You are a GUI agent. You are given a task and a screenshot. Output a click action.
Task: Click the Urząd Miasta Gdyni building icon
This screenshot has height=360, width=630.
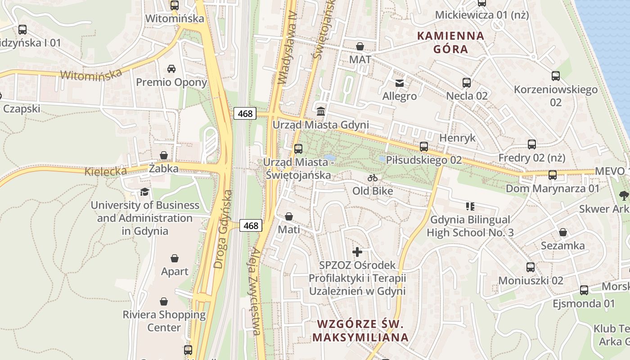pyautogui.click(x=321, y=111)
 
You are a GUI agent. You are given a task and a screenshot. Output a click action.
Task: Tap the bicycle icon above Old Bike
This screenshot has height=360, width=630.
pyautogui.click(x=373, y=178)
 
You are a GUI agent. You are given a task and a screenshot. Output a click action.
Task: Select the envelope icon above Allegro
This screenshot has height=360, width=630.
pyautogui.click(x=399, y=83)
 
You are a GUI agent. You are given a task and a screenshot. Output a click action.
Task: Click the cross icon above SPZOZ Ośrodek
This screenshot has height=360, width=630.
pyautogui.click(x=357, y=252)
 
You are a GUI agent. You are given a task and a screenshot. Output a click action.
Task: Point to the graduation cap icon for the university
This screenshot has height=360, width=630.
pyautogui.click(x=144, y=192)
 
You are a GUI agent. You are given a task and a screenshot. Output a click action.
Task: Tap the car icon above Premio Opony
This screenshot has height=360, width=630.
pyautogui.click(x=171, y=69)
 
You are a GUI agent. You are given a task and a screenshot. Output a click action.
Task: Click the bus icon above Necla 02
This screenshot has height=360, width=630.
pyautogui.click(x=467, y=83)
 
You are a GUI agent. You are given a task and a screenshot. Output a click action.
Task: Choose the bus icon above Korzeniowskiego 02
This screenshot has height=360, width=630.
pyautogui.click(x=556, y=76)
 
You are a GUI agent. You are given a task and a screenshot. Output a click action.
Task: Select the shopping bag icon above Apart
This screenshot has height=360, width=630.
pyautogui.click(x=175, y=258)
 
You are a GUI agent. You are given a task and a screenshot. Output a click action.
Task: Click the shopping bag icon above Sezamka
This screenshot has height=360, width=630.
pyautogui.click(x=563, y=232)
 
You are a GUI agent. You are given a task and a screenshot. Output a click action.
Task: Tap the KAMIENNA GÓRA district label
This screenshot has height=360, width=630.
pyautogui.click(x=451, y=42)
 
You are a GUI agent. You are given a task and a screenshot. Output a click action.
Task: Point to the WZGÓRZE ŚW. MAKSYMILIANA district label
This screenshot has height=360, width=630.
pyautogui.click(x=360, y=330)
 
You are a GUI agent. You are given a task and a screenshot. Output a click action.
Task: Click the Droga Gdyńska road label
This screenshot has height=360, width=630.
pyautogui.click(x=224, y=229)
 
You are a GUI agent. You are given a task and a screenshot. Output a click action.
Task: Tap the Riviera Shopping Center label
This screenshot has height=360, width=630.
pyautogui.click(x=164, y=321)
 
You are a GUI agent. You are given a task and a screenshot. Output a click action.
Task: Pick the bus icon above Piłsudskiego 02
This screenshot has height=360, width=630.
pyautogui.click(x=423, y=146)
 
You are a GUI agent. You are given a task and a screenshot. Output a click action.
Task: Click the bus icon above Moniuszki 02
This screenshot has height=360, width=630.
pyautogui.click(x=531, y=267)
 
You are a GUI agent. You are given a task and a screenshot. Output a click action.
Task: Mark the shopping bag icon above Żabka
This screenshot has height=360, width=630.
pyautogui.click(x=164, y=155)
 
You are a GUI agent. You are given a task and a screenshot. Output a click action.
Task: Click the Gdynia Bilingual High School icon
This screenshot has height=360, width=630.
pyautogui.click(x=470, y=207)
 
